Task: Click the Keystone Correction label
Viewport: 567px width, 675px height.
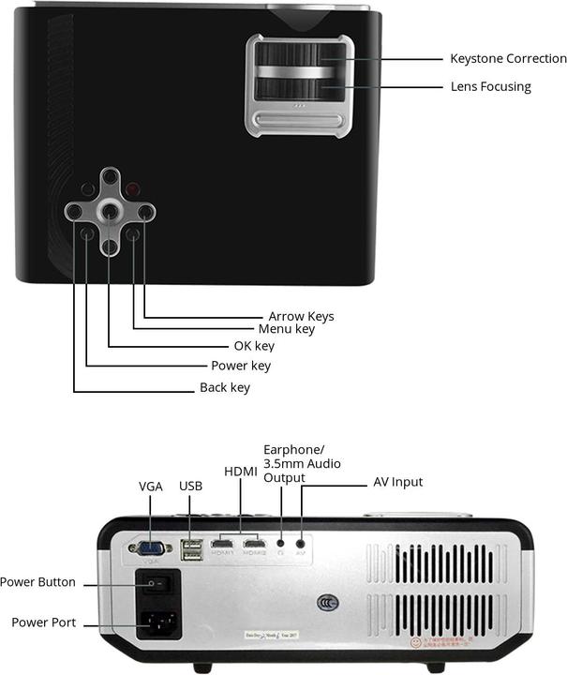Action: [508, 59]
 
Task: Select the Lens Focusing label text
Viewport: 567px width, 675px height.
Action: [490, 87]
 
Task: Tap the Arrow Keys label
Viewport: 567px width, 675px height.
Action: [301, 316]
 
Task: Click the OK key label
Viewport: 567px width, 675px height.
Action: [253, 347]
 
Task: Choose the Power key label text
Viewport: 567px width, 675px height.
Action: [240, 366]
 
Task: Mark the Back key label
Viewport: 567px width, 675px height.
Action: [225, 387]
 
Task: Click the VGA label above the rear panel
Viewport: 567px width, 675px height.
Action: [150, 487]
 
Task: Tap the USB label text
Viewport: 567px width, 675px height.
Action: [190, 487]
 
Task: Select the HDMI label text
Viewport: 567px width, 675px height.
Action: [240, 471]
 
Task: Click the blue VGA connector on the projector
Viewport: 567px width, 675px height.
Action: [150, 549]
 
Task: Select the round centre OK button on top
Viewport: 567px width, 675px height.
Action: [110, 212]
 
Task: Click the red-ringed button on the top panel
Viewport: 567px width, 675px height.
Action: [133, 188]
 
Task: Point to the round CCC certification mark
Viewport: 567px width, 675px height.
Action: [327, 603]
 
